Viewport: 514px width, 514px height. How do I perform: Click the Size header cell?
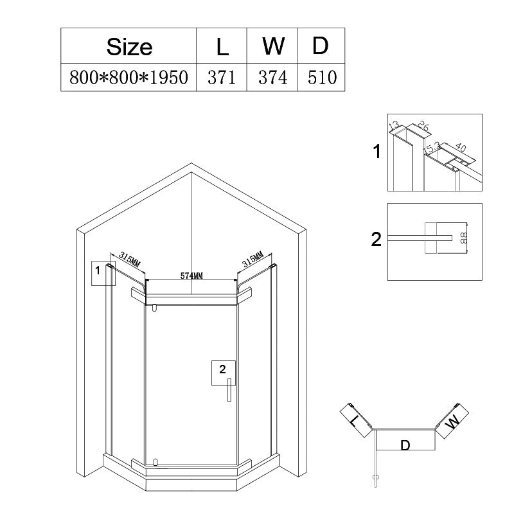coord(129,46)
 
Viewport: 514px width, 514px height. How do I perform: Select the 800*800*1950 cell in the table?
coord(129,77)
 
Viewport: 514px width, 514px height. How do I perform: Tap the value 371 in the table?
coord(222,78)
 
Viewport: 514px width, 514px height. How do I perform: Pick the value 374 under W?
coord(272,78)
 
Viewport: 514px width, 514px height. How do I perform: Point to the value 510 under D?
coord(323,78)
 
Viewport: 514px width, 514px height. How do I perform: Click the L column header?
coord(222,46)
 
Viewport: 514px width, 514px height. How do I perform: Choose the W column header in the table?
coord(273,46)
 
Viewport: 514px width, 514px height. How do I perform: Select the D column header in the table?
coord(320,46)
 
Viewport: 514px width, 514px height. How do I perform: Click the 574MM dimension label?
coord(191,276)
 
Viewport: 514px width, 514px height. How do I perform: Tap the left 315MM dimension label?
coord(130,260)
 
